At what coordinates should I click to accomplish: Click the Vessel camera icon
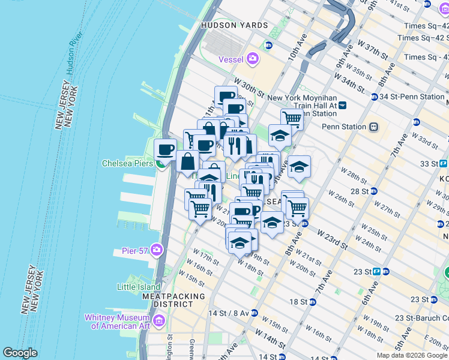253,59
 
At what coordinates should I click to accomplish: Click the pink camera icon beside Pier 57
157,249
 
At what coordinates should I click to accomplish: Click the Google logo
20,353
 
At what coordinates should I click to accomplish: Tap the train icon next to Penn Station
373,127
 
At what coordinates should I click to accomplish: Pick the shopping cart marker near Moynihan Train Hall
292,119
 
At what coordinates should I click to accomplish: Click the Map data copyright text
412,355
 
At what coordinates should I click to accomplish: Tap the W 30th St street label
249,87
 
